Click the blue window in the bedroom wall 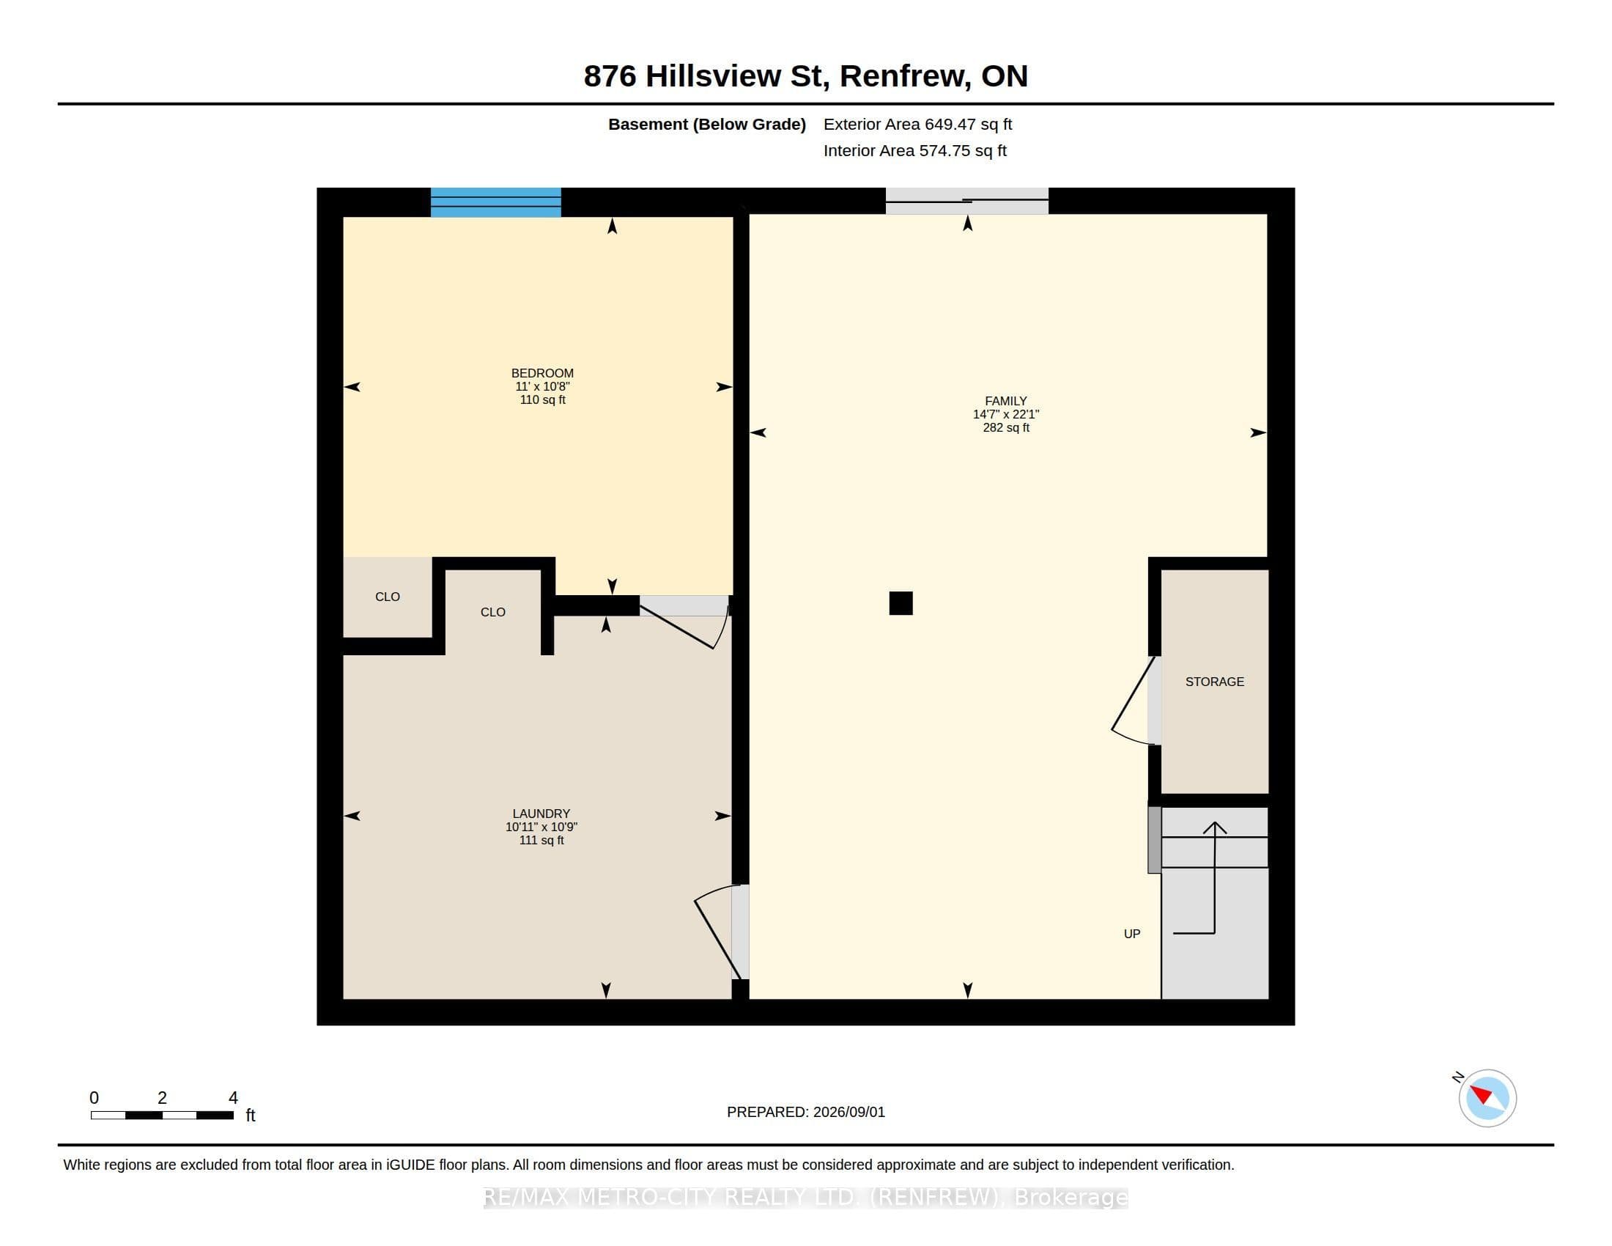click(x=496, y=202)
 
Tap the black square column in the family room click(x=901, y=603)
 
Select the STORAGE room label click(x=1214, y=682)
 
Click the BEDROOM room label click(x=542, y=374)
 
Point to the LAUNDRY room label click(x=541, y=814)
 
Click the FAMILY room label click(x=1005, y=402)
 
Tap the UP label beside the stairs click(x=1131, y=934)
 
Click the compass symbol click(x=1487, y=1098)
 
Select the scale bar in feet click(x=163, y=1116)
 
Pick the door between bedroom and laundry click(x=685, y=622)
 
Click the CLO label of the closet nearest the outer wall click(x=388, y=597)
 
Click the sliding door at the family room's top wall click(x=967, y=201)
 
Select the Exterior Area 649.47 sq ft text click(x=917, y=124)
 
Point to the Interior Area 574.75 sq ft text click(x=914, y=150)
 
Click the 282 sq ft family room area click(x=1006, y=427)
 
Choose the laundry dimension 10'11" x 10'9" click(x=541, y=827)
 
